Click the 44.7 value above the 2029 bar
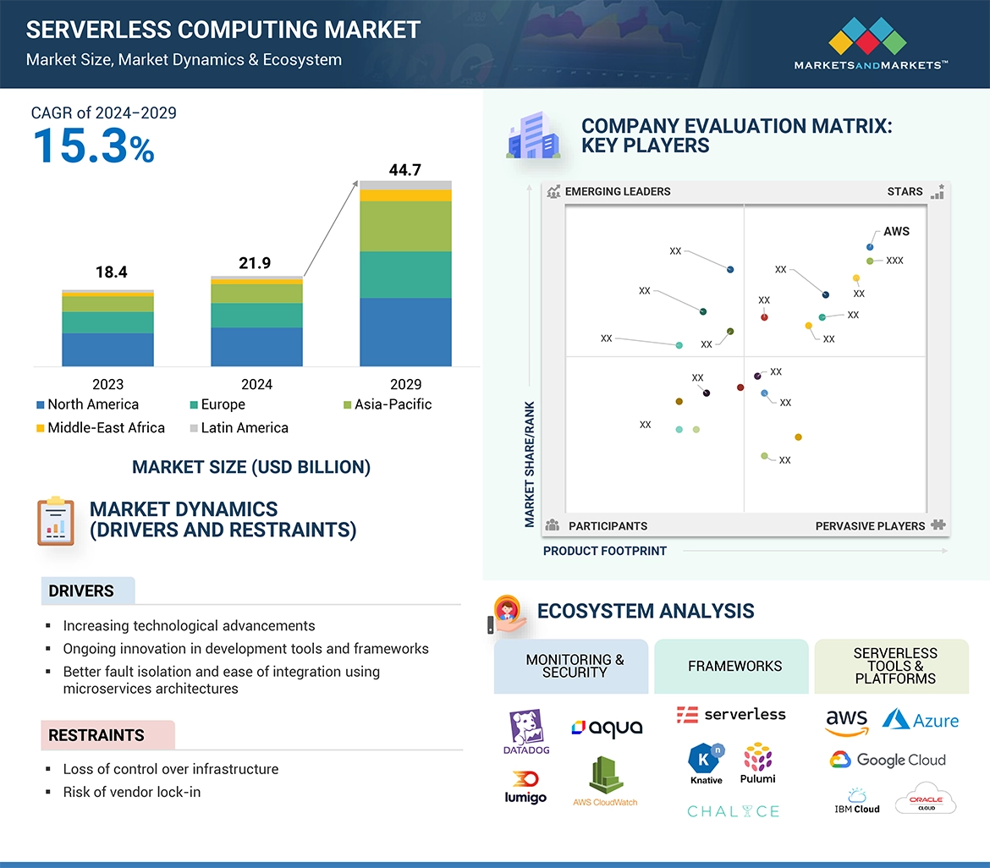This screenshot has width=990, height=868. (x=404, y=170)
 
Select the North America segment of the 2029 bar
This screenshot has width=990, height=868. (x=405, y=332)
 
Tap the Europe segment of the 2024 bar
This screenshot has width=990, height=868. (x=256, y=315)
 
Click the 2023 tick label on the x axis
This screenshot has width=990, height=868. (x=107, y=384)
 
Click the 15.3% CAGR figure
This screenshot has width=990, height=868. (x=94, y=146)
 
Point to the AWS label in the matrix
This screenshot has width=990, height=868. (x=896, y=231)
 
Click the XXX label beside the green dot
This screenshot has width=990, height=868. (x=894, y=261)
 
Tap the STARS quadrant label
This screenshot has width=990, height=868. (x=905, y=191)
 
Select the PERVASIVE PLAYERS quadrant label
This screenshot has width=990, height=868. (x=870, y=526)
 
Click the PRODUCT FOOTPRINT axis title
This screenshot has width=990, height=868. (x=605, y=551)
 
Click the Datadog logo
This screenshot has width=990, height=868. (x=526, y=733)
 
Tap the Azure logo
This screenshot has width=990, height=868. (x=921, y=720)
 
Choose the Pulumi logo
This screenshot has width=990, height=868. (x=757, y=763)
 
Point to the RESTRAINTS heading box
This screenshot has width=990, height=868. (x=107, y=735)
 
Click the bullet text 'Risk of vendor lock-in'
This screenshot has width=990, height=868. (x=132, y=792)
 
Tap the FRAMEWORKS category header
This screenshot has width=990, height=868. (x=734, y=666)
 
